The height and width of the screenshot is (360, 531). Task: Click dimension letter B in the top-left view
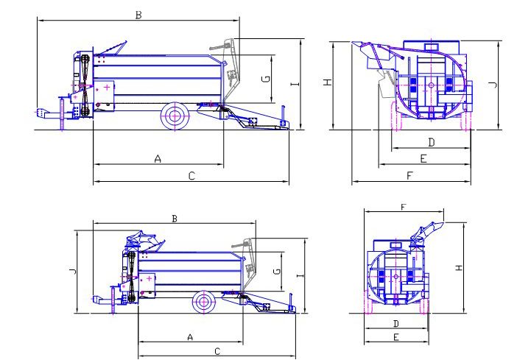point(138,15)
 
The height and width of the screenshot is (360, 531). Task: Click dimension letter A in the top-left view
point(158,158)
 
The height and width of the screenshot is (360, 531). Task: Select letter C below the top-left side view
point(191,176)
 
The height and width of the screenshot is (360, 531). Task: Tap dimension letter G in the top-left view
point(267,79)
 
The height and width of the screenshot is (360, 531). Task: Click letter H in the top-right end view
point(328,82)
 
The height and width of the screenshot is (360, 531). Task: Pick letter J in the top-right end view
point(494,85)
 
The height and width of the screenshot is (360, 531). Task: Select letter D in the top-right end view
point(431,142)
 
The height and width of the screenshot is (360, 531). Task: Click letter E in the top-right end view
point(423,158)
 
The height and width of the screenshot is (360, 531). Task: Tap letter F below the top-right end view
point(409,176)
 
